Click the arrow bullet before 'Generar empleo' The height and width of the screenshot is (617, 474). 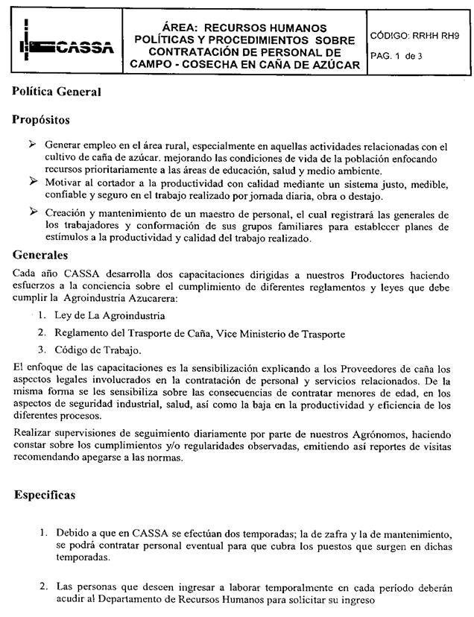click(x=32, y=143)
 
